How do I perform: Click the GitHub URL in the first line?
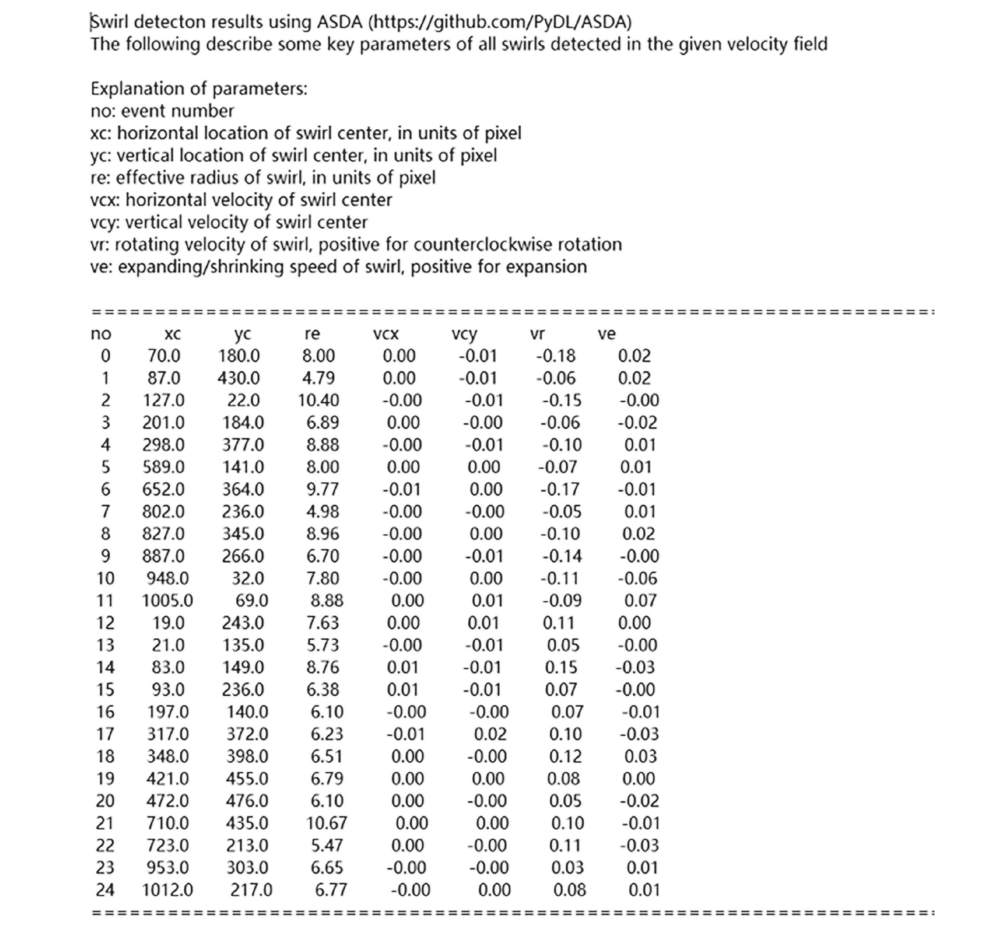pyautogui.click(x=499, y=22)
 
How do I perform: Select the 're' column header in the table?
pyautogui.click(x=312, y=334)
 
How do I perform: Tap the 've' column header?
pyautogui.click(x=606, y=334)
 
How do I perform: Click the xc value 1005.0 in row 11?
pyautogui.click(x=167, y=600)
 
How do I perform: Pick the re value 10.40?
pyautogui.click(x=318, y=400)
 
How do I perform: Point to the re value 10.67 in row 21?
pyautogui.click(x=326, y=823)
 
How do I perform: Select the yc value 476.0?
pyautogui.click(x=247, y=801)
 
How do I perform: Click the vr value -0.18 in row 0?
pyautogui.click(x=555, y=356)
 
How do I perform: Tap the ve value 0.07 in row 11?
pyautogui.click(x=640, y=600)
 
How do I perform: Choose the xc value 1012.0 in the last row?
pyautogui.click(x=167, y=889)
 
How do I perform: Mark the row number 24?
pyautogui.click(x=105, y=889)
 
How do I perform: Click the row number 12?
pyautogui.click(x=105, y=623)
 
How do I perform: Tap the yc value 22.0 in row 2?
pyautogui.click(x=243, y=400)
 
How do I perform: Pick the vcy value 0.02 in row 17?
pyautogui.click(x=489, y=734)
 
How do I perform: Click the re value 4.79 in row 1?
pyautogui.click(x=318, y=378)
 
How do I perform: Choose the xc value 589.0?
pyautogui.click(x=163, y=467)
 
